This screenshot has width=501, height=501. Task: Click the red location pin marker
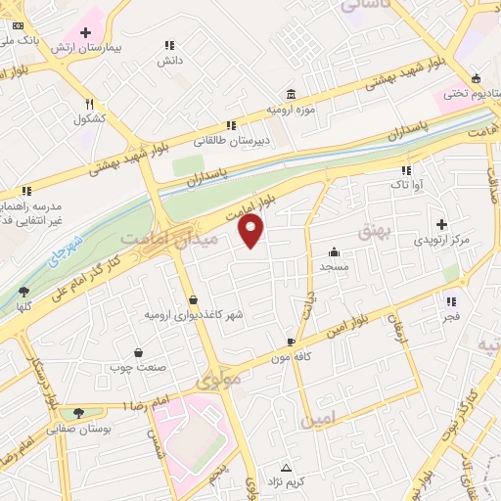tap(251, 230)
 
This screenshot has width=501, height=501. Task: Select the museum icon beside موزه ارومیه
tap(292, 94)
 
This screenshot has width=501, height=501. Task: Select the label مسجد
tap(335, 265)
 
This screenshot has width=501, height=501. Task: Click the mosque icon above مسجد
tap(335, 250)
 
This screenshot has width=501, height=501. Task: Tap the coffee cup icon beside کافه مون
tap(290, 341)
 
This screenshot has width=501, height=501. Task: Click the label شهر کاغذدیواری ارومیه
tap(193, 315)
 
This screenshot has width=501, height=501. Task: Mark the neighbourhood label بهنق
tap(375, 231)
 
